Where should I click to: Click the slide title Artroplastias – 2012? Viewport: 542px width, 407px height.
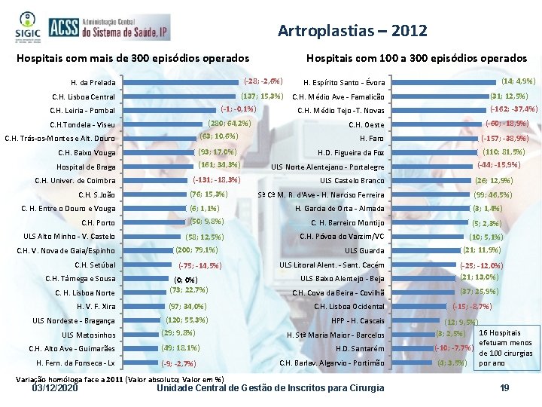[x=352, y=31]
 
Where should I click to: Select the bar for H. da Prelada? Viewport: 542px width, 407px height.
[x=181, y=81]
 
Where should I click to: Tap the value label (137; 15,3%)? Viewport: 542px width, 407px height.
[x=261, y=96]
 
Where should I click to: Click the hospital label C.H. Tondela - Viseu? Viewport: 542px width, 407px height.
[x=82, y=124]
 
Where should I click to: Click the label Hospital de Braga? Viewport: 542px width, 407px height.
[x=86, y=167]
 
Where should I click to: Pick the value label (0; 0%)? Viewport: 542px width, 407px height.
[x=185, y=280]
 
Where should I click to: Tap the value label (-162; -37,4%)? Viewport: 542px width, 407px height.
[x=513, y=109]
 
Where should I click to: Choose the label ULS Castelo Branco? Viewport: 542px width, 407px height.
[x=352, y=181]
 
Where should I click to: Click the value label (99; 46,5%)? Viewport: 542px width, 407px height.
[x=493, y=194]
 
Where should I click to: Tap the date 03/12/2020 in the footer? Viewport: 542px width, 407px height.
[x=56, y=388]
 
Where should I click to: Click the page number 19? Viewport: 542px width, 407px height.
[x=504, y=388]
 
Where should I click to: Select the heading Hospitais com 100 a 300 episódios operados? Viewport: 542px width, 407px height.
[x=416, y=58]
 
